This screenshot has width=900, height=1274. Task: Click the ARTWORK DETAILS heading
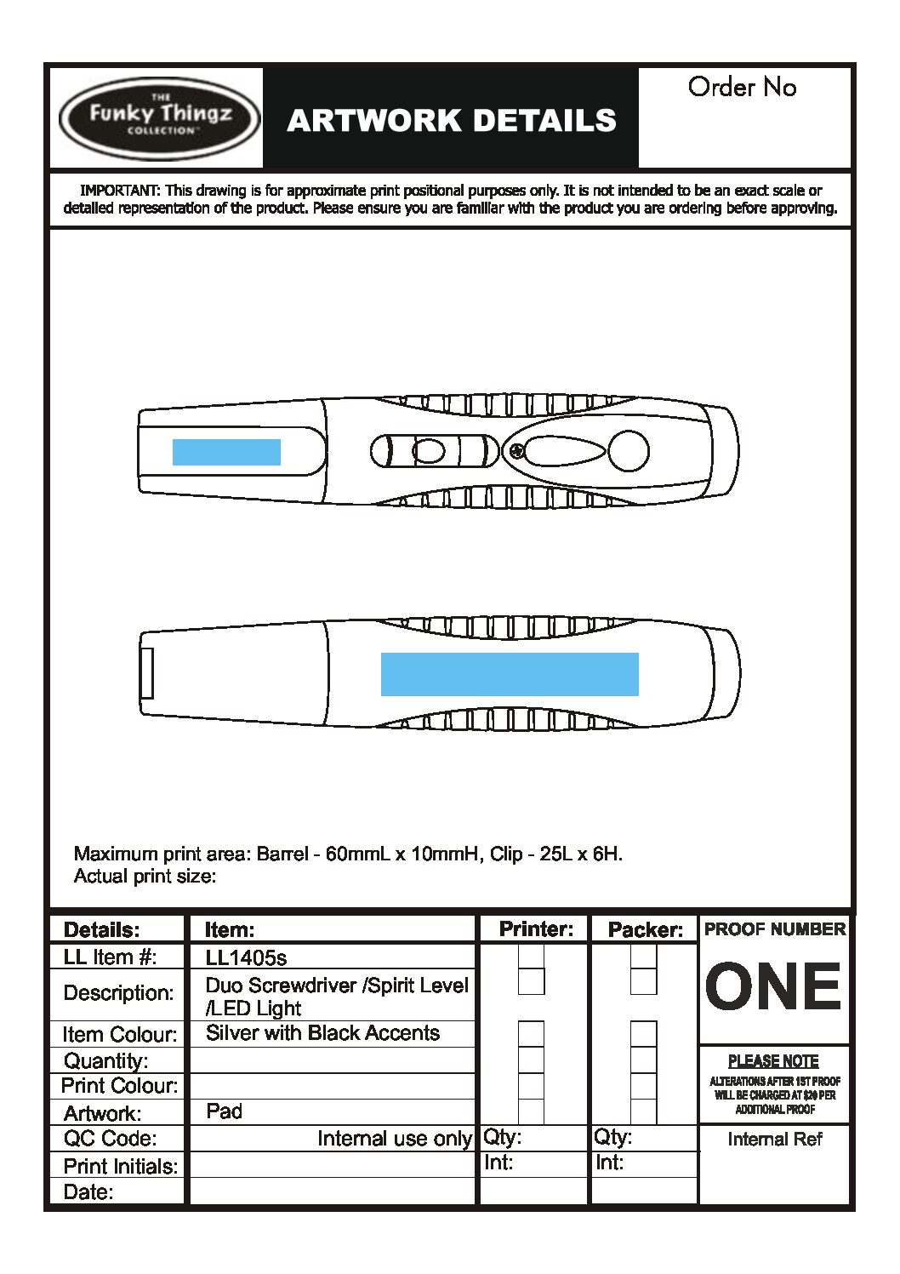(451, 121)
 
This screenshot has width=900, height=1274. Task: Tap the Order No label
(742, 87)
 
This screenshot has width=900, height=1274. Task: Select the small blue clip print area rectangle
(226, 452)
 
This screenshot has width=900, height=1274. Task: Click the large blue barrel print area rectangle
(510, 674)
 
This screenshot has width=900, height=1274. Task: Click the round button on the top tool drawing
(629, 451)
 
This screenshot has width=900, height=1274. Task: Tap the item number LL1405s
(246, 957)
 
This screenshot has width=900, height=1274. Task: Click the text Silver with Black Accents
(322, 1033)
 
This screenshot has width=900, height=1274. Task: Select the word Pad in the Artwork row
(224, 1111)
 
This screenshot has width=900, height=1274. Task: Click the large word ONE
(773, 986)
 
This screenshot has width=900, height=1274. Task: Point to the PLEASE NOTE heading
(773, 1061)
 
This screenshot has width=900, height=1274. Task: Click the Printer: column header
(536, 928)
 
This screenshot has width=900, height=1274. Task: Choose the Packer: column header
(645, 929)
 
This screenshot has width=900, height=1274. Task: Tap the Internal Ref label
(774, 1139)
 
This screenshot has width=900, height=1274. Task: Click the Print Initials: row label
(121, 1166)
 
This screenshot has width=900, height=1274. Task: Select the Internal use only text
(394, 1139)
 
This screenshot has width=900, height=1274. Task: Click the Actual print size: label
(145, 876)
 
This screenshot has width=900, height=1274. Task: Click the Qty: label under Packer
(612, 1137)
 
